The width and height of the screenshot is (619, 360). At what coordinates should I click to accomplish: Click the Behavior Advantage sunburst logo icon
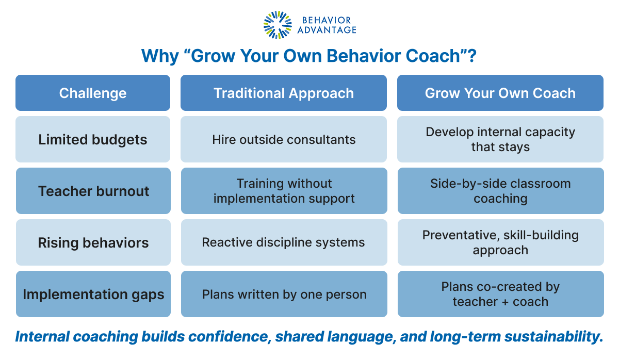[278, 25]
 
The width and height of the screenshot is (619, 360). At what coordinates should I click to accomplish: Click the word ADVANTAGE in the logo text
[327, 30]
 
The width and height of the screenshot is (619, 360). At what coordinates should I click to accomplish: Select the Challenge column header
[93, 93]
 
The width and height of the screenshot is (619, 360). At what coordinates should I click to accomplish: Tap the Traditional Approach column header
[284, 93]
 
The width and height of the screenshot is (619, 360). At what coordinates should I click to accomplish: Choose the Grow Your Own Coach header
[500, 93]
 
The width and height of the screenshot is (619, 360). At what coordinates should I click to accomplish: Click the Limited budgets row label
[93, 139]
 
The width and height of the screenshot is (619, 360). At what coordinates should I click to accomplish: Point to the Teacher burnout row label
[93, 191]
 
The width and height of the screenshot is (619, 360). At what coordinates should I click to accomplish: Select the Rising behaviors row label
[93, 242]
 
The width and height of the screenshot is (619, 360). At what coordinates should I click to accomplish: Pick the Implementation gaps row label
[93, 294]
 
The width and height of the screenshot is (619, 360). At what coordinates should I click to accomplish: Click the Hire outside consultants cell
[284, 139]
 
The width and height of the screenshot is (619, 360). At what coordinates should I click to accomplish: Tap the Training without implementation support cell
[284, 191]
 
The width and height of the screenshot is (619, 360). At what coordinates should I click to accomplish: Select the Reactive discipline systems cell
[284, 242]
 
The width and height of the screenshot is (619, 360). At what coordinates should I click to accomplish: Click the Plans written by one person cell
[284, 294]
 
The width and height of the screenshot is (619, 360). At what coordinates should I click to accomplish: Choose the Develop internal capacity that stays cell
[500, 139]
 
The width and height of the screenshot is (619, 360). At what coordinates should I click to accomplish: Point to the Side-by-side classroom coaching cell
[500, 191]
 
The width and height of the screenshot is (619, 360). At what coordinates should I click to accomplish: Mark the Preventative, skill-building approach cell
[500, 242]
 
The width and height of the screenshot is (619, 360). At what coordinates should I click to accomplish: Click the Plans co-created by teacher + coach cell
[500, 294]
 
